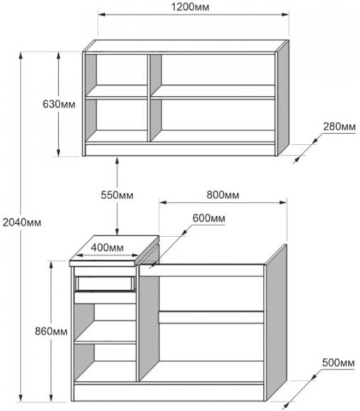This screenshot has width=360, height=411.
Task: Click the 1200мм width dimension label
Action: [x=190, y=7]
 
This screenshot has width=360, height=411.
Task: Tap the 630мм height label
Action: [x=59, y=104]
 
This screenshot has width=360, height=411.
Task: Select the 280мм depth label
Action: [x=339, y=127]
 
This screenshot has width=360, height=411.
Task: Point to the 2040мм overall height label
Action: [x=22, y=223]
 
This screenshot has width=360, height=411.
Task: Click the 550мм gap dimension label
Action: [x=117, y=195]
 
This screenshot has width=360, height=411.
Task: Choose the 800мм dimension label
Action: [x=223, y=195]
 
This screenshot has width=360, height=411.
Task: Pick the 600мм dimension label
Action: [x=209, y=218]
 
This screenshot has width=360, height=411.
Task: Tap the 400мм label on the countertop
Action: [x=107, y=247]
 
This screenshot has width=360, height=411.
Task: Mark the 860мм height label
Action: [x=51, y=332]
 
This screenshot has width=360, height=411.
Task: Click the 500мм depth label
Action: [x=338, y=363]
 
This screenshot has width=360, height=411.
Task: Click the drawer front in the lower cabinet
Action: [x=105, y=283]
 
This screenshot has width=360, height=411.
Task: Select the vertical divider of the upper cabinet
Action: [x=149, y=98]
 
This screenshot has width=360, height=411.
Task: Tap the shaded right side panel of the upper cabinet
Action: [x=283, y=98]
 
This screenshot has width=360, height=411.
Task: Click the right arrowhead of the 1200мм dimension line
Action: [x=285, y=14]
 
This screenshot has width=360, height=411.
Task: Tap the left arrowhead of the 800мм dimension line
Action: [x=163, y=203]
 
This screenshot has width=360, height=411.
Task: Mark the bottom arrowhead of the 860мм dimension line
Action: [x=52, y=398]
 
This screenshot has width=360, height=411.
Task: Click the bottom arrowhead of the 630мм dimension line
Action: [x=59, y=152]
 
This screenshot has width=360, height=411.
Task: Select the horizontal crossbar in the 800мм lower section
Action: [x=211, y=317]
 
